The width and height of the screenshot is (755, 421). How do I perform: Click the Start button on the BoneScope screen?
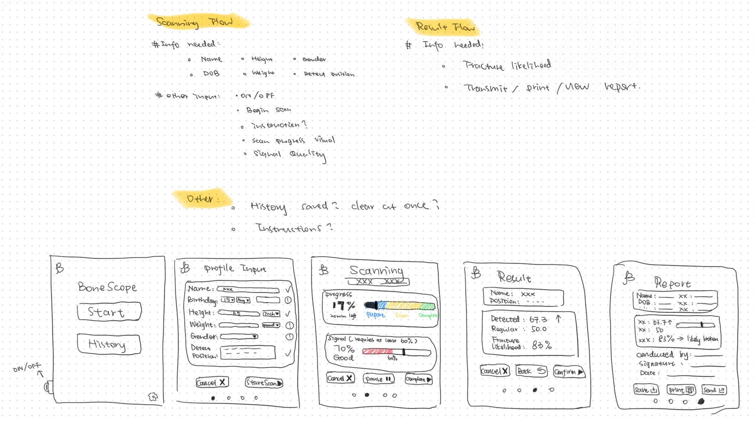click(x=109, y=312)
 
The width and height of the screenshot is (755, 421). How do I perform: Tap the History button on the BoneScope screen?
click(x=109, y=344)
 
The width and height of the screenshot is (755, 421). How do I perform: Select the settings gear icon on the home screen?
click(x=153, y=396)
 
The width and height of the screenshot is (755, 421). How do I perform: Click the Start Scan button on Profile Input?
click(x=264, y=383)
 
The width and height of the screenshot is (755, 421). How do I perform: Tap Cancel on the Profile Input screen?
click(x=212, y=383)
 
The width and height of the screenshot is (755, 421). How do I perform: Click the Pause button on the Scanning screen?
click(x=379, y=379)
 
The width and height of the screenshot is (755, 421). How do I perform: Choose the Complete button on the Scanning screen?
click(x=418, y=379)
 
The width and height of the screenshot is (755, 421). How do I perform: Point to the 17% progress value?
click(x=344, y=305)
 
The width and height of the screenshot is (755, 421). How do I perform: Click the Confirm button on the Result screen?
click(x=569, y=372)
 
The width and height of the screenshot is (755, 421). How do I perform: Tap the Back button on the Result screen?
click(x=531, y=371)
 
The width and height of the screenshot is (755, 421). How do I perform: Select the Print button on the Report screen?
click(x=681, y=390)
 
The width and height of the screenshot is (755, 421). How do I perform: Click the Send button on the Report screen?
click(x=714, y=390)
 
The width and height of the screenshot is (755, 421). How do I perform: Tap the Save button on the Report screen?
click(x=646, y=390)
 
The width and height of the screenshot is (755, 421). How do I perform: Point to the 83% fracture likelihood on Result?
click(x=542, y=345)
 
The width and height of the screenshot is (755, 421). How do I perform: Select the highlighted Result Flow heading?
click(x=444, y=27)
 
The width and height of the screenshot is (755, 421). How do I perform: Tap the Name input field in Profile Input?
click(x=248, y=289)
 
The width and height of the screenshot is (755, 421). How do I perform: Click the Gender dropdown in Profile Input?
click(x=239, y=336)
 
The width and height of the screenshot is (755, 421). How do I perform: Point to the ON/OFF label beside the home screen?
click(x=27, y=367)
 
